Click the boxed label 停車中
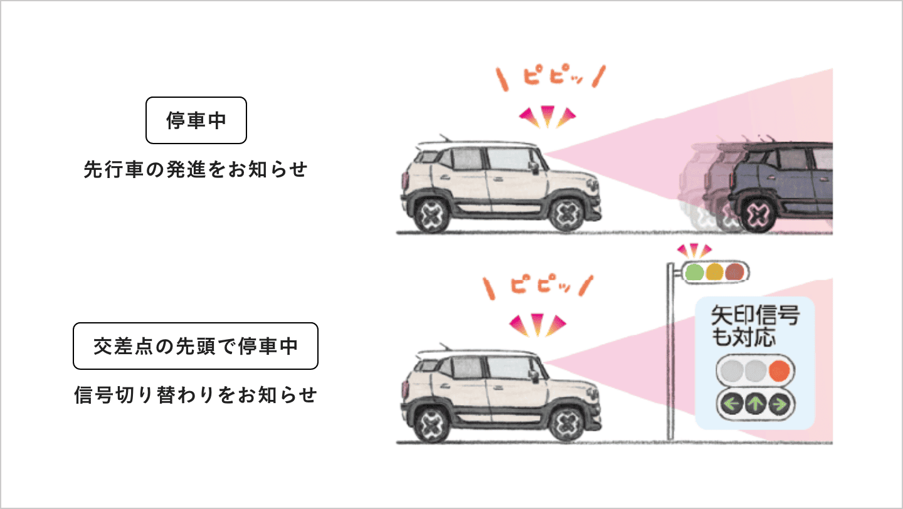196,120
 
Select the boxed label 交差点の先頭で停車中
196,346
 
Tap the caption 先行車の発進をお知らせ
196,170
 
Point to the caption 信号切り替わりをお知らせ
196,396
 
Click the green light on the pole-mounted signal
694,272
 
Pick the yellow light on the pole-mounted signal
714,272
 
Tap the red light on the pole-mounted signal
734,272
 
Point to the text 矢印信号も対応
754,326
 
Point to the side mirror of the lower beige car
534,375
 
